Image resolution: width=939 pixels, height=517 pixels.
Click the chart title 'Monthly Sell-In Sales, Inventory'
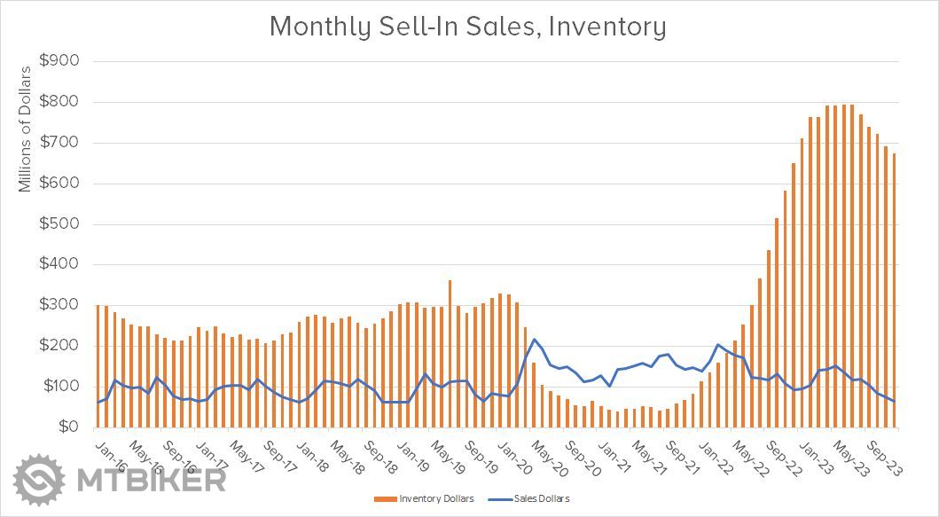tap(467, 27)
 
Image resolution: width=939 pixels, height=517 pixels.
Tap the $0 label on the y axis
tap(69, 427)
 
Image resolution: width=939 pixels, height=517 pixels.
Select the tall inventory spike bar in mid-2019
tap(450, 354)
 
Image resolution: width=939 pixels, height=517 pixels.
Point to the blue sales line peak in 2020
tap(534, 340)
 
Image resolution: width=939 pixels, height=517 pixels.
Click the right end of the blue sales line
tap(894, 402)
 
